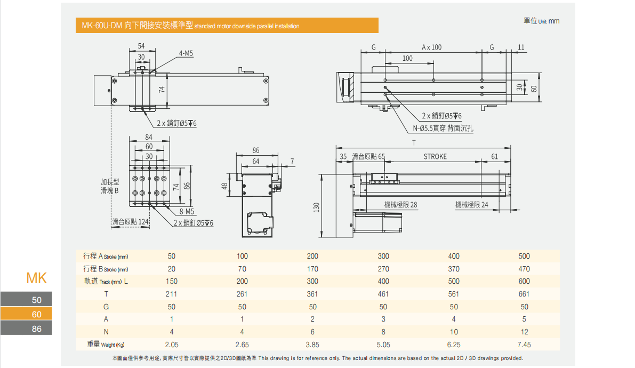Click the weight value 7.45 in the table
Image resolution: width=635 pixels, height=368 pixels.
(524, 345)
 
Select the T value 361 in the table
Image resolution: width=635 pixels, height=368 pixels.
(312, 294)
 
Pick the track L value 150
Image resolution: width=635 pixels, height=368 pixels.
(171, 281)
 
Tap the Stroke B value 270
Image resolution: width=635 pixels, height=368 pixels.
(383, 269)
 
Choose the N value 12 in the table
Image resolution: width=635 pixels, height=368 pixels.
(524, 332)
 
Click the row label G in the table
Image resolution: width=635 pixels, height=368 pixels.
(106, 307)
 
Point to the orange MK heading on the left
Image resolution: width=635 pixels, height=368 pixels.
(37, 278)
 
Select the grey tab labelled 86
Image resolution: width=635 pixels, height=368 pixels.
(36, 329)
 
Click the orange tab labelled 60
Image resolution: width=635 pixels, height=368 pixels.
(36, 314)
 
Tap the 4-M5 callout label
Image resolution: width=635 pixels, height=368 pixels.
(186, 53)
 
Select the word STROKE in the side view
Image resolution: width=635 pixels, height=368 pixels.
(435, 156)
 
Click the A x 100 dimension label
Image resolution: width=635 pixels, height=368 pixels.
(431, 47)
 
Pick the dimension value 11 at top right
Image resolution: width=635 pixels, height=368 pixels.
(521, 47)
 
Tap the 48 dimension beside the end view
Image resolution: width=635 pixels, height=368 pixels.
(225, 186)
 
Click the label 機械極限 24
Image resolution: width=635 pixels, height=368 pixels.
(471, 204)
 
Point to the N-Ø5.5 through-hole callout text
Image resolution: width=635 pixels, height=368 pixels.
(443, 128)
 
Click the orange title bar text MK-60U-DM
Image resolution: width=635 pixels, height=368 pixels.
(101, 25)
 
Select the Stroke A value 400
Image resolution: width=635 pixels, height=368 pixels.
(454, 256)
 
